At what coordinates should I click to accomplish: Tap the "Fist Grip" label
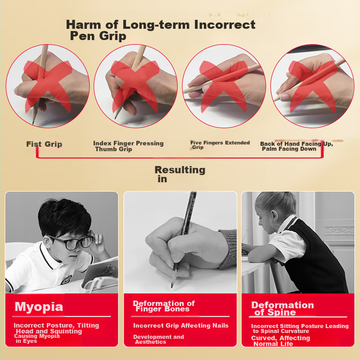[x=44, y=144]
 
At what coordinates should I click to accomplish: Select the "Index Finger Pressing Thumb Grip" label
[x=128, y=146]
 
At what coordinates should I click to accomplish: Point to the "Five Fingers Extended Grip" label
[x=220, y=144]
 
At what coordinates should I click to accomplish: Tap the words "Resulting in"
[x=180, y=174]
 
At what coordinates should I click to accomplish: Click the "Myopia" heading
[x=39, y=307]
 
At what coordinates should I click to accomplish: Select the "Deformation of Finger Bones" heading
[x=164, y=306]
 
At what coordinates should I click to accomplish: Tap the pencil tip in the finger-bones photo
[x=172, y=284]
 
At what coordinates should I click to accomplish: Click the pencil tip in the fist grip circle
[x=33, y=121]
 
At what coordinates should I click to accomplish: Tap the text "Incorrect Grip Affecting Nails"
[x=181, y=325]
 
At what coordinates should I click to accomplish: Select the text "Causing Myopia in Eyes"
[x=37, y=338]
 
